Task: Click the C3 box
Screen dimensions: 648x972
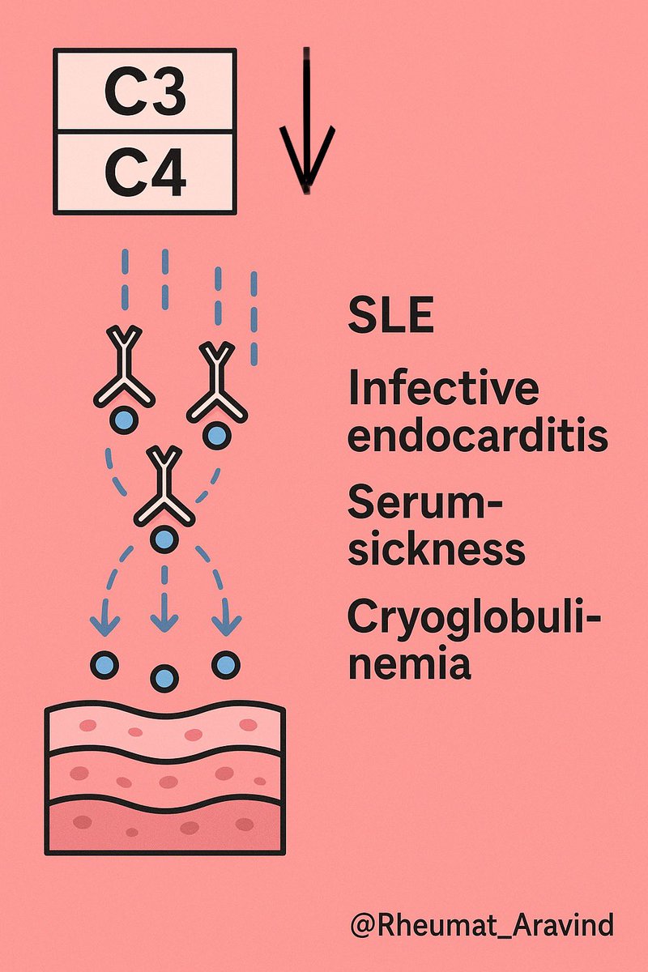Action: [x=145, y=91]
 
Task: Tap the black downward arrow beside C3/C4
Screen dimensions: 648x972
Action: [x=307, y=122]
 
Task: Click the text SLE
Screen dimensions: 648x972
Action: [x=390, y=317]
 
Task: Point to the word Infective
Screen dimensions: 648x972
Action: [x=443, y=389]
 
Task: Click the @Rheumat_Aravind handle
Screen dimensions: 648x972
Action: [x=481, y=924]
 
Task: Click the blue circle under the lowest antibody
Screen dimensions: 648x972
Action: [x=164, y=537]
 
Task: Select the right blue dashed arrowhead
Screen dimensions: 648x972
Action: [x=226, y=625]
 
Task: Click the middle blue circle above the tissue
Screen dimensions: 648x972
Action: [x=164, y=676]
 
